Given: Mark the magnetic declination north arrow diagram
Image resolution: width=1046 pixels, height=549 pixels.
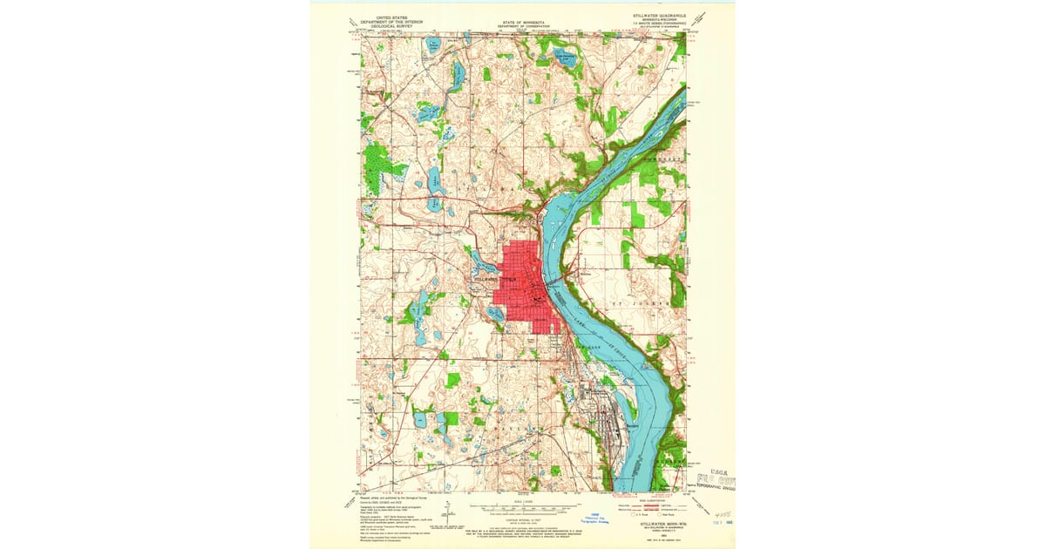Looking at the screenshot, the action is pyautogui.click(x=446, y=514).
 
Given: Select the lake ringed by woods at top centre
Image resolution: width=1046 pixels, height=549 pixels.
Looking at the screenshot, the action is pyautogui.click(x=566, y=58).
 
